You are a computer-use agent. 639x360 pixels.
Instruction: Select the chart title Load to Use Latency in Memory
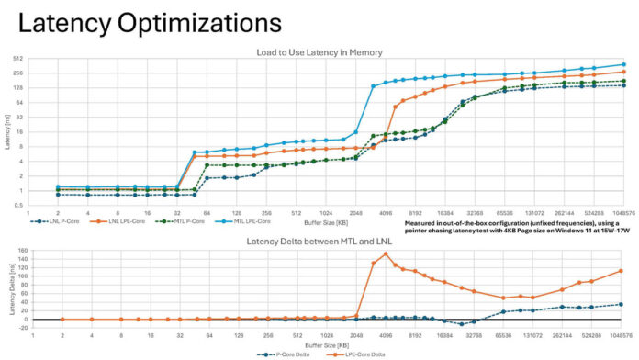point(319,51)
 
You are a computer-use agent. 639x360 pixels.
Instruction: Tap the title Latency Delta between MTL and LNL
point(319,241)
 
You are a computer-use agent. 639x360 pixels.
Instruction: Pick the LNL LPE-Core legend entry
point(109,221)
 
